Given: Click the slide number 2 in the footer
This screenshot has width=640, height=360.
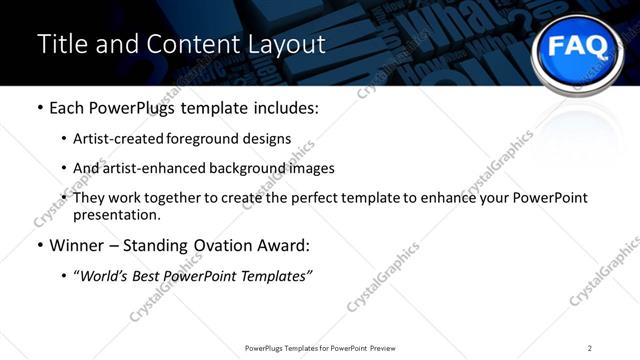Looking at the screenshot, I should [590, 348].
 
